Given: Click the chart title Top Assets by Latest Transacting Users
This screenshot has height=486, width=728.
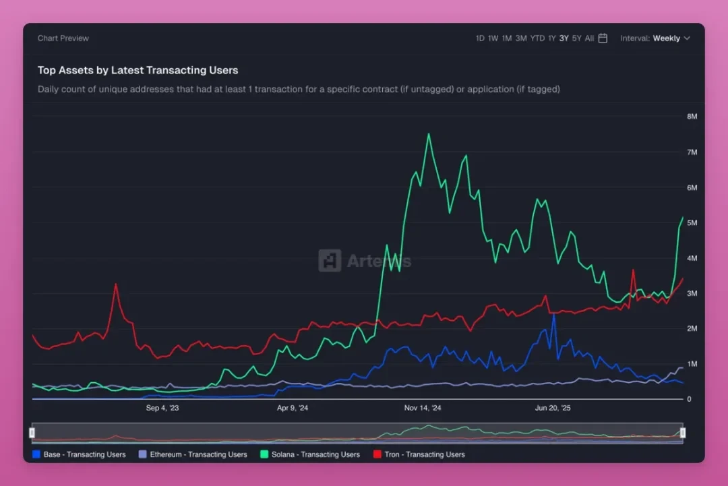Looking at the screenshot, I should click(x=138, y=70).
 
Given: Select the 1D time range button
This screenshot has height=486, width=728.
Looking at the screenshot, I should click(x=480, y=38).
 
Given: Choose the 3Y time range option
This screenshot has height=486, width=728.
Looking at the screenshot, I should click(x=564, y=38).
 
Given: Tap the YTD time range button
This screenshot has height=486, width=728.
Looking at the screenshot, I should click(x=537, y=38).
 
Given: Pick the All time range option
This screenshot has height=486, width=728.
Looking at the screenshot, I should click(x=590, y=38).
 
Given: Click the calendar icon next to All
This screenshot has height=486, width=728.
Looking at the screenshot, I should click(x=603, y=38).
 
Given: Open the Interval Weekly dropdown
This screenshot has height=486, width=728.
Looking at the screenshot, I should click(x=655, y=38).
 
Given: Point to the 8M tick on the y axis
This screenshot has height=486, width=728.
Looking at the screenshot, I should click(x=692, y=117).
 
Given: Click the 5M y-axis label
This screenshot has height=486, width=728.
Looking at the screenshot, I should click(x=692, y=222).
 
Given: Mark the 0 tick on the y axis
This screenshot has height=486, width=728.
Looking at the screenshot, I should click(x=688, y=399).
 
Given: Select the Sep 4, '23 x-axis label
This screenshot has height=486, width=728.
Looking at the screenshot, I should click(x=162, y=408).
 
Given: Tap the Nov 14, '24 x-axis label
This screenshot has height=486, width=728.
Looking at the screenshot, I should click(x=423, y=408).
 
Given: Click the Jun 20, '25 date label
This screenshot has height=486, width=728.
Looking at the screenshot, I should click(x=553, y=408).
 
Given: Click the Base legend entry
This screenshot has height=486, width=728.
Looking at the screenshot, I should click(x=79, y=454).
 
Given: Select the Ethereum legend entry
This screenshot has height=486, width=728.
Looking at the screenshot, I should click(x=193, y=454).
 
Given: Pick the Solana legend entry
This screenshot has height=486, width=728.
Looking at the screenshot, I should click(x=310, y=454).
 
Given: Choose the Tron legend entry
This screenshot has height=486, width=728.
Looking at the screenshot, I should click(x=419, y=454).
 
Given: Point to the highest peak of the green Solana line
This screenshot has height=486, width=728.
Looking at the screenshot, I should click(x=429, y=133).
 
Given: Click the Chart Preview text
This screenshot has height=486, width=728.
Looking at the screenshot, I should click(x=63, y=38).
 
